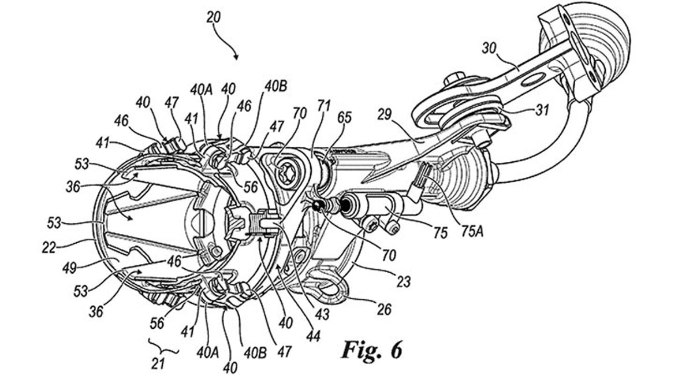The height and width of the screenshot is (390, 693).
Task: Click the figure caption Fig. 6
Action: point(371,350)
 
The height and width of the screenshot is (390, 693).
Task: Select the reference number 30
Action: point(489,49)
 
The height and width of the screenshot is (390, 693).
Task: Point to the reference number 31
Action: point(542,110)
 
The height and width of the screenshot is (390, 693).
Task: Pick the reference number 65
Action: point(345,118)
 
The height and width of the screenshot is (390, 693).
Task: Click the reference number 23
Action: point(403,282)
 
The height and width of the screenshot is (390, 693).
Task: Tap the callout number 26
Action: point(384,309)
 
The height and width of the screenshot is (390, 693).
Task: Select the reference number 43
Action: point(322,315)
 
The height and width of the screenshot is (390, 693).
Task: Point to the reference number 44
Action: point(314,335)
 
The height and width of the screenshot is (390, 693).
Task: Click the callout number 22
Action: point(49,248)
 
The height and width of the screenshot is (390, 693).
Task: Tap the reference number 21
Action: point(158,363)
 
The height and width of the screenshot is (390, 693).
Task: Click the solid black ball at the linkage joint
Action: point(318,205)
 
